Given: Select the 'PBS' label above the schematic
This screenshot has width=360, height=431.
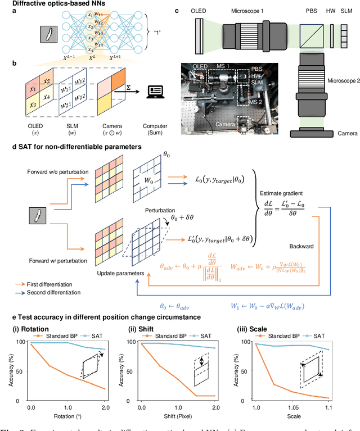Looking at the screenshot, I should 310,12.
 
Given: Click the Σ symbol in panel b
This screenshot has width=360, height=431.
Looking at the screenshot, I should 139,83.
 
